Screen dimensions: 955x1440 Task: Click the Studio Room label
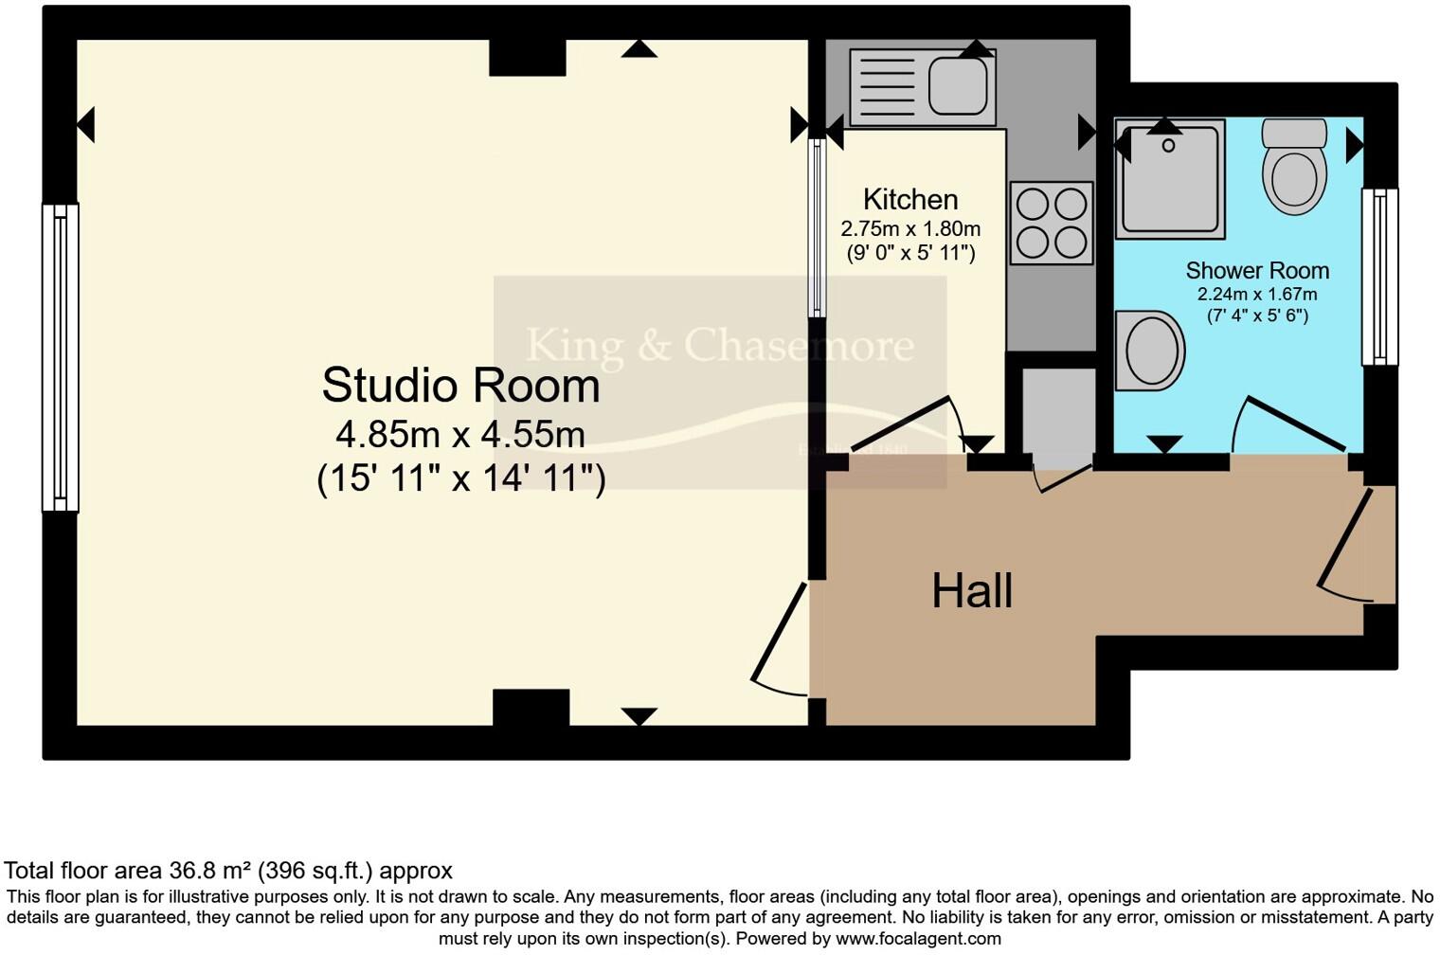460,386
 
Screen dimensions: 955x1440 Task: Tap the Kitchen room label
910,200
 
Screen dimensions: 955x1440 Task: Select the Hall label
972,591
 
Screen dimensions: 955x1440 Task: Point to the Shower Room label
1257,271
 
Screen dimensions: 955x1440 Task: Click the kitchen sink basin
961,86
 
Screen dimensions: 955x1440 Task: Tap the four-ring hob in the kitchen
1051,224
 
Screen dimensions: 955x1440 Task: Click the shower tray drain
1168,146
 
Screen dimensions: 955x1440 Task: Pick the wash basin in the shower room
1150,351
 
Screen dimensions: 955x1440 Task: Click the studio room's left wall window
60,358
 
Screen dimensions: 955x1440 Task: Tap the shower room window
1379,277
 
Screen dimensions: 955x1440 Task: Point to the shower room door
1289,424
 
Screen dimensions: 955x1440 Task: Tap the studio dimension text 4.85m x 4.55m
460,435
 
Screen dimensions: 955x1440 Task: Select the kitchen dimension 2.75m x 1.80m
910,229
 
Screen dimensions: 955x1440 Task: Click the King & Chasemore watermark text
720,345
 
